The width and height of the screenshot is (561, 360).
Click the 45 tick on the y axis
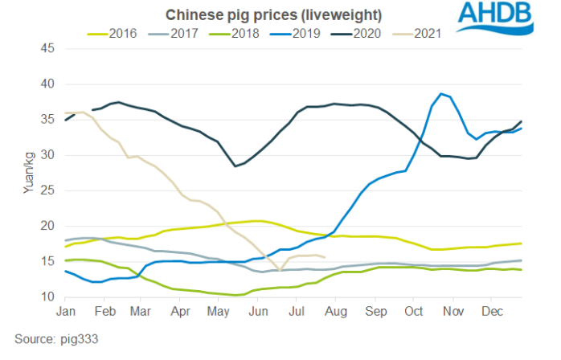click(47, 48)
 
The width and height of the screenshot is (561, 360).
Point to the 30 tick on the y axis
click(47, 155)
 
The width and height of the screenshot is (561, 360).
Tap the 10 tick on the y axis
click(47, 297)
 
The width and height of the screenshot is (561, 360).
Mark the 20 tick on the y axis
click(47, 226)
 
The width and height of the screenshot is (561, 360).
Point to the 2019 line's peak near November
click(441, 93)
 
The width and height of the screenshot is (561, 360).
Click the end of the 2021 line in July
click(323, 257)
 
